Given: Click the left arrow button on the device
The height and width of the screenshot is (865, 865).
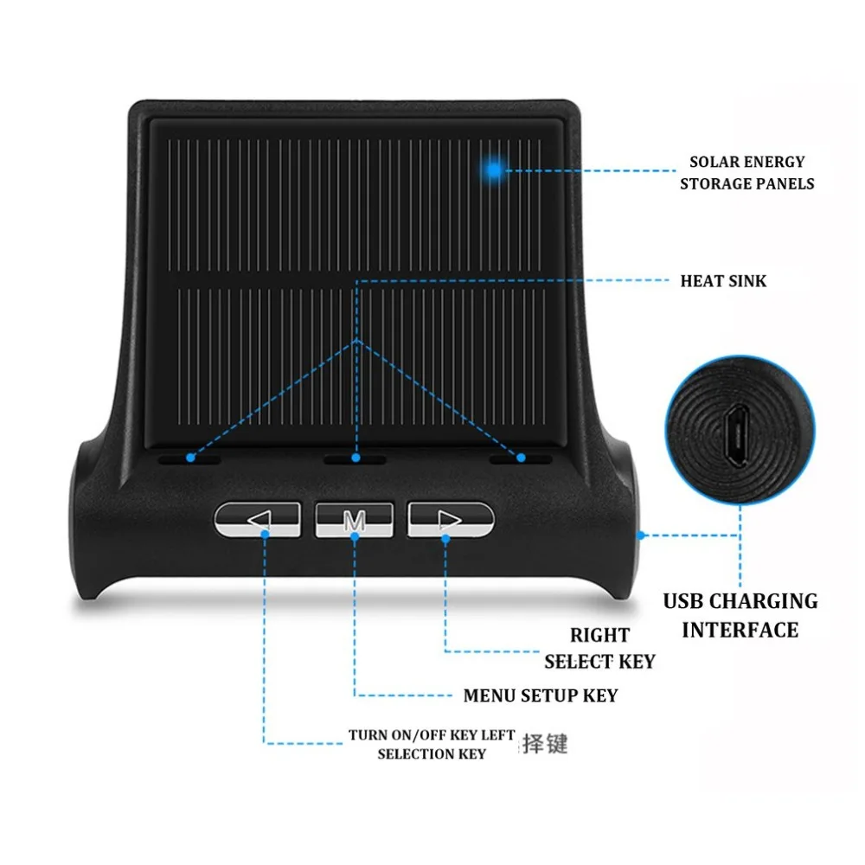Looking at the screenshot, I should pos(257,519).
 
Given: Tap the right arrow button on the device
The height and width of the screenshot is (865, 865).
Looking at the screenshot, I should pos(450,519).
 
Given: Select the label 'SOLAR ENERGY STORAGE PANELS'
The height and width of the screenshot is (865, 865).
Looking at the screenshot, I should pos(746,172).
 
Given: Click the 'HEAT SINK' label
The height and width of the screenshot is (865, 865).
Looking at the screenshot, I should pos(723,281).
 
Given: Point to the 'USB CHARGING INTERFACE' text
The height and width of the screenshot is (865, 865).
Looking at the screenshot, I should pos(740,615).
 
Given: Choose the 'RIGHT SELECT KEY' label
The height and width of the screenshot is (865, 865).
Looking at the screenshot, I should pos(599,648).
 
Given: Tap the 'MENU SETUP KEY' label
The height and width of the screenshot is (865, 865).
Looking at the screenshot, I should pos(540,695).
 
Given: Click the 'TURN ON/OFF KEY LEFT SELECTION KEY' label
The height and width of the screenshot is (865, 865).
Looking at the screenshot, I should pos(432,745).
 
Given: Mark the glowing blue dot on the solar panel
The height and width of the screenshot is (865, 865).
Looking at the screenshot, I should pos(493,170).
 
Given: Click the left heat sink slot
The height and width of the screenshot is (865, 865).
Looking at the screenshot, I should pos(190,458).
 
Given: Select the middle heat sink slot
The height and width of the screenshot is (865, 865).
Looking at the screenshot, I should pos(356,458).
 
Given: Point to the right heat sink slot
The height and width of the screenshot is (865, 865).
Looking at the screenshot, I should pos(520,458).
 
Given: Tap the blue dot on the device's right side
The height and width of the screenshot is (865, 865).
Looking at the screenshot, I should pos(641,535).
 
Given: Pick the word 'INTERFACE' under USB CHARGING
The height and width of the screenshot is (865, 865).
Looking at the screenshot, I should pos(740,630).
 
